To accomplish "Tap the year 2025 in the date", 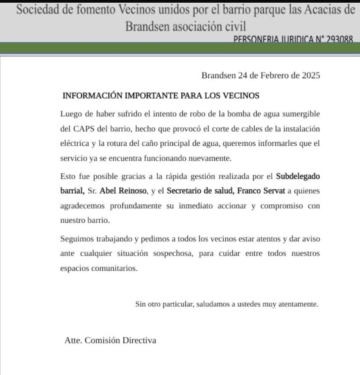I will click(311, 76).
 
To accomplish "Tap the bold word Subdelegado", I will click(298, 176).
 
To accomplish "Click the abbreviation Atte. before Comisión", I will click(73, 340).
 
